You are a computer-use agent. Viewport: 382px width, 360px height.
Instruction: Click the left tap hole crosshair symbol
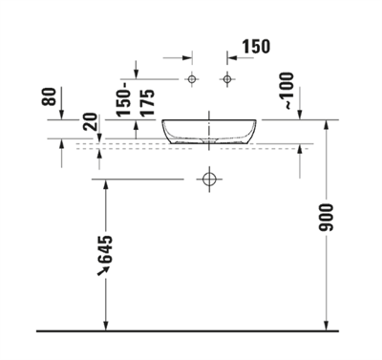(x=191, y=77)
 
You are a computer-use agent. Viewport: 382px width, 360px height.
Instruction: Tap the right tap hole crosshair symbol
(x=227, y=77)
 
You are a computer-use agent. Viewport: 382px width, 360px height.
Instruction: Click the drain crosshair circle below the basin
(x=209, y=178)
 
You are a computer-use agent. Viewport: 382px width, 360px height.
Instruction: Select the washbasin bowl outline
(x=209, y=131)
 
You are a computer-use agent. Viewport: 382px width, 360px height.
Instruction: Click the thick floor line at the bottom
(x=191, y=331)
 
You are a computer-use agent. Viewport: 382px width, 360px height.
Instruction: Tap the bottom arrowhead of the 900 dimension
(x=328, y=326)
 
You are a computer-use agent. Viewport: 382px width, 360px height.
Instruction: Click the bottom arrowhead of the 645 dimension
(x=105, y=326)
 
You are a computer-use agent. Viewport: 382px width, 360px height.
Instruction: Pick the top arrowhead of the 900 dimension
(x=328, y=124)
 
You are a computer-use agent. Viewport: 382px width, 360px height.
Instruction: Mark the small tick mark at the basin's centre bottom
(x=209, y=144)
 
